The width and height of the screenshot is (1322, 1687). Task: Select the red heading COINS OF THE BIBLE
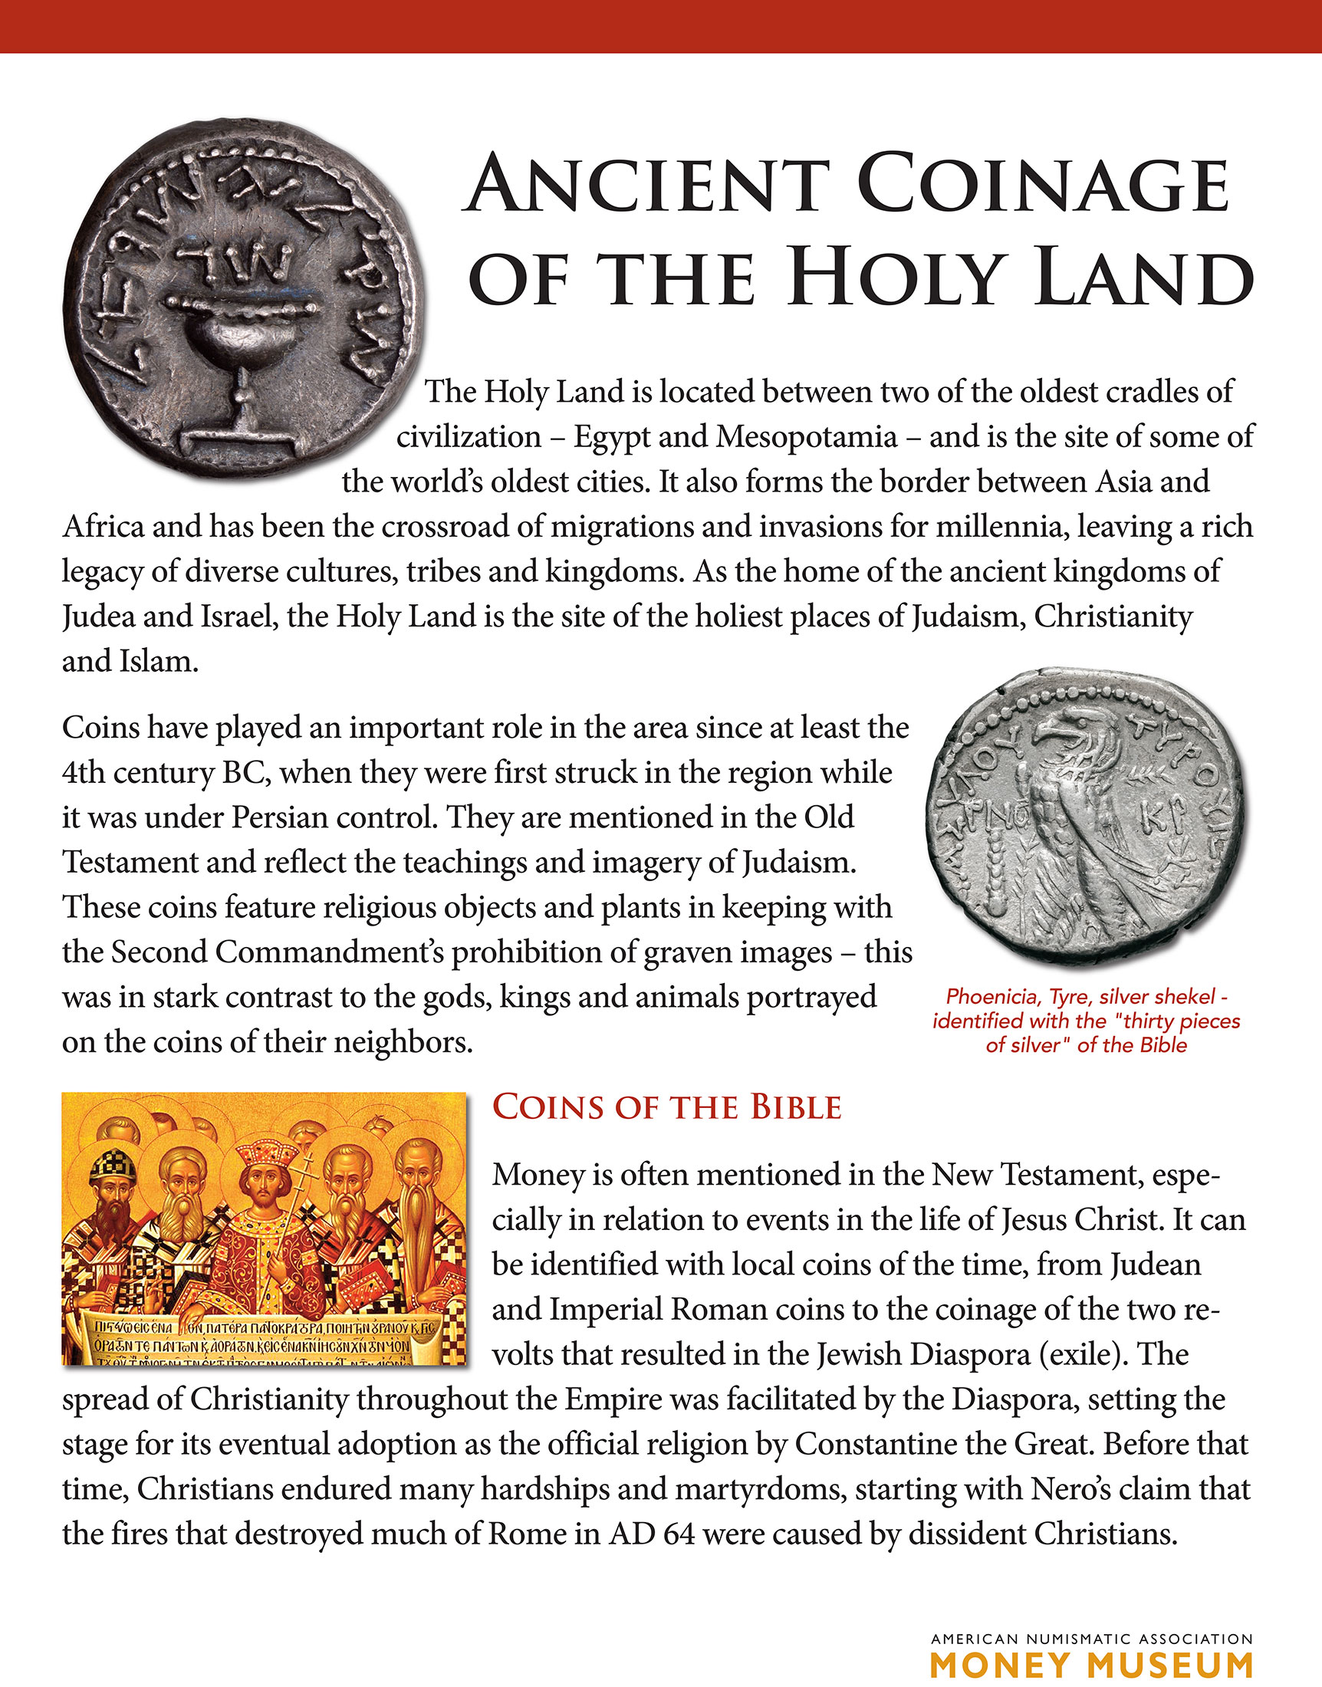666,1107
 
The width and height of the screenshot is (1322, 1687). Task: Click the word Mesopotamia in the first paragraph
806,437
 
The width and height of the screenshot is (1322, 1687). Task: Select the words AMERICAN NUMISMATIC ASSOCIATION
1091,1638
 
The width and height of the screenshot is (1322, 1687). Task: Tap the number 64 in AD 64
679,1533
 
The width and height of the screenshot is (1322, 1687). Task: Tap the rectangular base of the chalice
241,442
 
